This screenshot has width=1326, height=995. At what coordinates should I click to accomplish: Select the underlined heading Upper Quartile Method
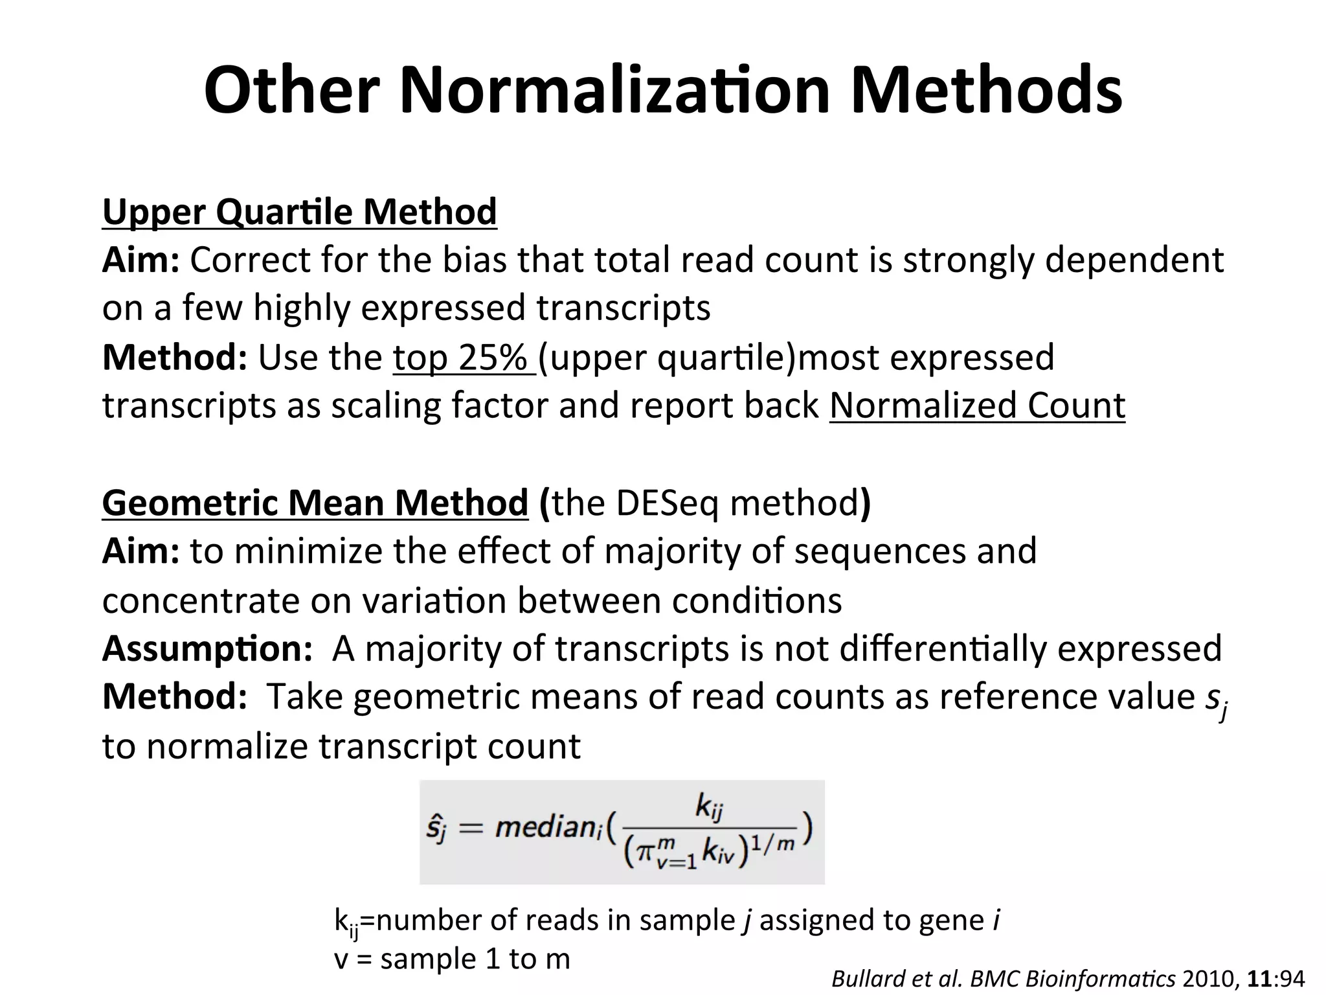coord(300,211)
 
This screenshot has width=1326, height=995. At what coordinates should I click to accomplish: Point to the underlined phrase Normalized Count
coord(977,406)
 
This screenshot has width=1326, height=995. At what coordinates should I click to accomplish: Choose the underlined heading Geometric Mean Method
coord(315,503)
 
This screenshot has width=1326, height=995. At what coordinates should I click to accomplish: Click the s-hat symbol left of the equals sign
coord(436,829)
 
